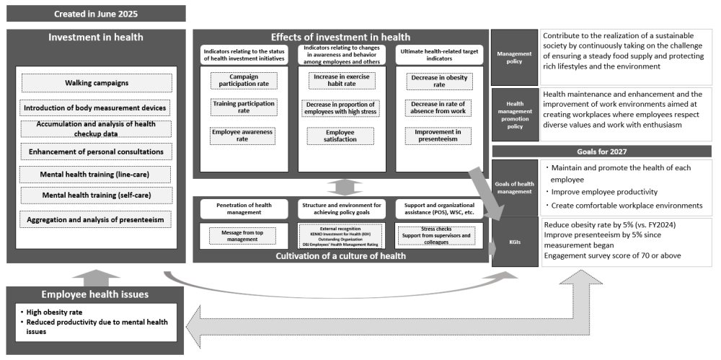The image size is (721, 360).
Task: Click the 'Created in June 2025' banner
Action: (x=96, y=13)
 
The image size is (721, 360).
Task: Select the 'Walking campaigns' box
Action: (x=96, y=83)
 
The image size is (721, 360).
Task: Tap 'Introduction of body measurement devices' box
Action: (x=96, y=108)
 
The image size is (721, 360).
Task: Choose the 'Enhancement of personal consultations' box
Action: (x=96, y=152)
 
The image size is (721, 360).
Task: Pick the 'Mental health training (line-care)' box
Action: (x=96, y=175)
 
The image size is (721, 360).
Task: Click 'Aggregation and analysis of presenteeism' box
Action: (x=96, y=219)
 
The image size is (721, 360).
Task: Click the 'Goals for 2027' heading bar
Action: (x=601, y=151)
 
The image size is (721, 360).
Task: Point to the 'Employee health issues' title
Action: (x=96, y=296)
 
